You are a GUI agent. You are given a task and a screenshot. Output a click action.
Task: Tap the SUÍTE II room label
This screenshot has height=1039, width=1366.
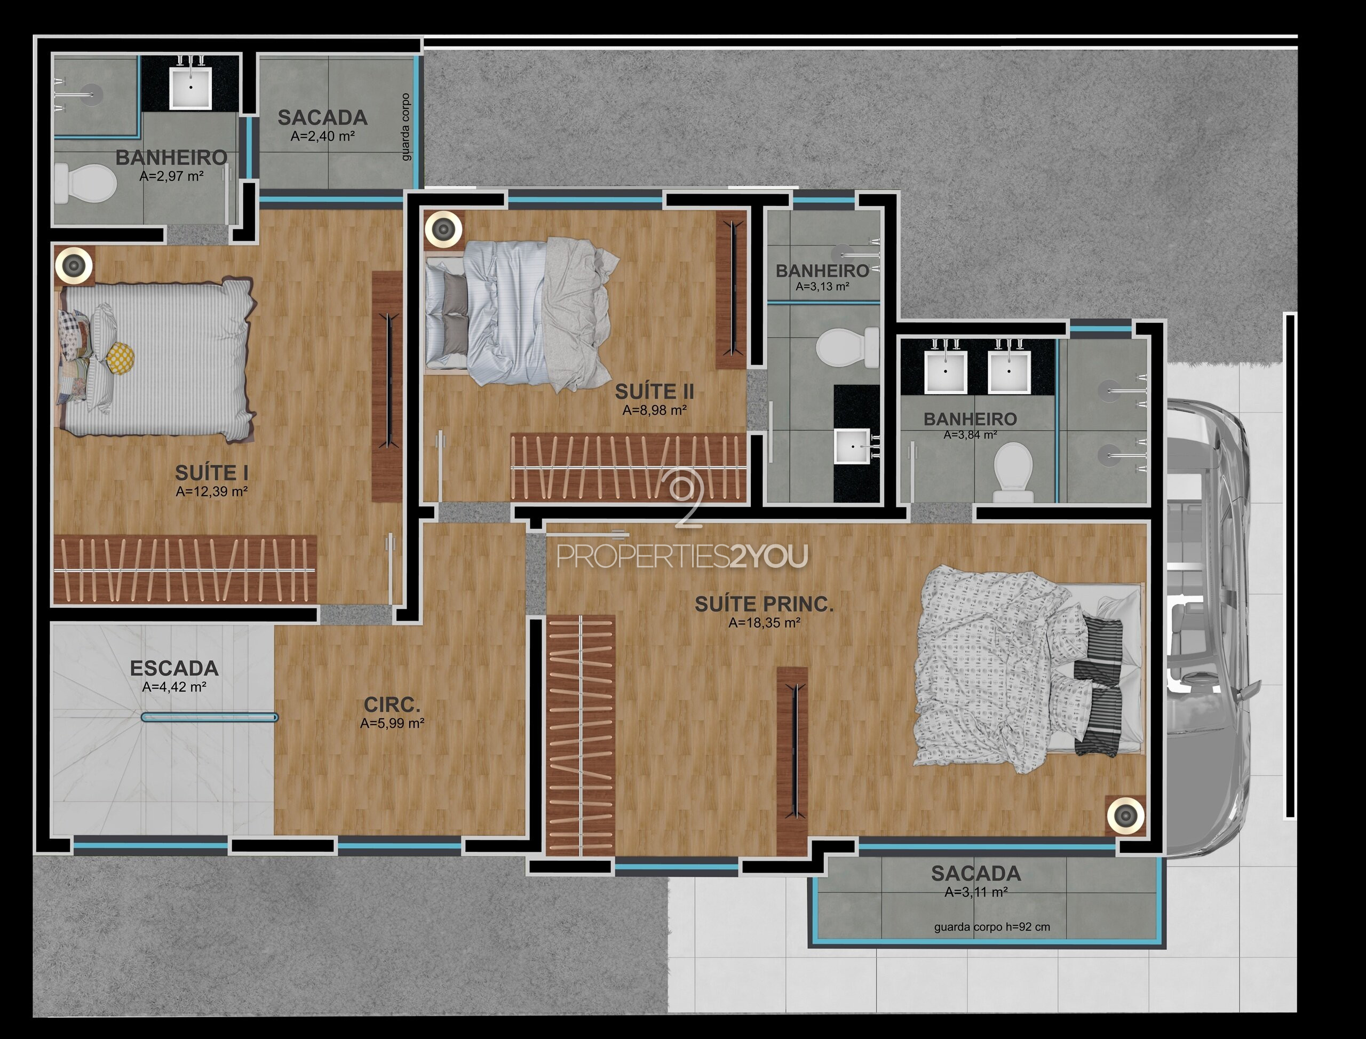pyautogui.click(x=654, y=392)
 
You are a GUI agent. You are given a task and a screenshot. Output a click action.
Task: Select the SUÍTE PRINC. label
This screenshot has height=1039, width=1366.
pyautogui.click(x=764, y=604)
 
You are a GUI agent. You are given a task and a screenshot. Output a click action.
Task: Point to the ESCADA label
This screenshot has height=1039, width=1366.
pyautogui.click(x=174, y=669)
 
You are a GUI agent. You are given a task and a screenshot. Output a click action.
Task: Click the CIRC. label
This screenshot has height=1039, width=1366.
pyautogui.click(x=392, y=704)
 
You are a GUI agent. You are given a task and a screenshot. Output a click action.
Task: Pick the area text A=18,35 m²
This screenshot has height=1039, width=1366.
pyautogui.click(x=764, y=623)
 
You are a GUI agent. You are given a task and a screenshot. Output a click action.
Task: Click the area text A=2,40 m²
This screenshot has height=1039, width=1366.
pyautogui.click(x=323, y=136)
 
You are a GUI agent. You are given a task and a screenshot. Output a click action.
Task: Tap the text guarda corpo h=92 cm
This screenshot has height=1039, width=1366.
pyautogui.click(x=992, y=927)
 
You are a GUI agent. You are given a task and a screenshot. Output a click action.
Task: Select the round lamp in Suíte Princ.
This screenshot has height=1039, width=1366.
pyautogui.click(x=1125, y=815)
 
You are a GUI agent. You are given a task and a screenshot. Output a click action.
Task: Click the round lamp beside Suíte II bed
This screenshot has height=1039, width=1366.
pyautogui.click(x=443, y=229)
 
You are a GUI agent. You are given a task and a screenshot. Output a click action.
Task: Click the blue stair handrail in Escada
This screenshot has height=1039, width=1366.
pyautogui.click(x=210, y=717)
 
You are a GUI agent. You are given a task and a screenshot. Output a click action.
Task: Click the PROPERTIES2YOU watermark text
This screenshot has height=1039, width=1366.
pyautogui.click(x=682, y=556)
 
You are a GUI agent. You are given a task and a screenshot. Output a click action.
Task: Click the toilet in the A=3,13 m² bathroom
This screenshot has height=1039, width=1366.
pyautogui.click(x=847, y=347)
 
